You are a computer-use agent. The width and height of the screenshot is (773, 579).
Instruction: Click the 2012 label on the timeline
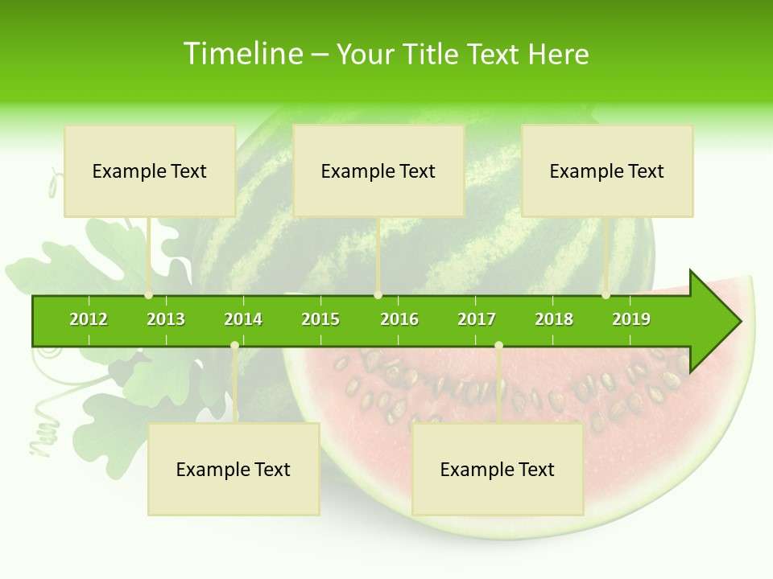(x=89, y=319)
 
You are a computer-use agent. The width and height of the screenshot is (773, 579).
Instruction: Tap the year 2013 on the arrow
(x=166, y=319)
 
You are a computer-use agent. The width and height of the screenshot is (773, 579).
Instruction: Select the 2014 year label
(x=243, y=319)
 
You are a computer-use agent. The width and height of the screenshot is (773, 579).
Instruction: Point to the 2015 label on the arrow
(x=320, y=319)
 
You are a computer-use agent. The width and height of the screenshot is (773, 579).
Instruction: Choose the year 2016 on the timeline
(x=399, y=319)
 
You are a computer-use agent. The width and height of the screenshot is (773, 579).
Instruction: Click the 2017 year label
(x=477, y=319)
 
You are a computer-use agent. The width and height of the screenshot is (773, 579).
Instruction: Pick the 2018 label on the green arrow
(x=554, y=319)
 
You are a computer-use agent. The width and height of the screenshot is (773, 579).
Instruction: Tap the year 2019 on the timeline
(x=631, y=319)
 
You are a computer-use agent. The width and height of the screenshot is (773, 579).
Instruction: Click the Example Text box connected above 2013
(x=150, y=170)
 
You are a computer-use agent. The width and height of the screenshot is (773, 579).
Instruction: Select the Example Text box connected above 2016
(x=378, y=170)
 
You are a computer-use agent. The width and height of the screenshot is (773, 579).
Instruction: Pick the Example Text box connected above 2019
(x=607, y=170)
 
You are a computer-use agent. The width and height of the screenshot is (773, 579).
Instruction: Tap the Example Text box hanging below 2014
(x=234, y=469)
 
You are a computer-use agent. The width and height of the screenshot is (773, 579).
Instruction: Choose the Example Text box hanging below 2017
(x=498, y=469)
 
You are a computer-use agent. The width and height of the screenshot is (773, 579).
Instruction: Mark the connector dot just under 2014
(x=234, y=346)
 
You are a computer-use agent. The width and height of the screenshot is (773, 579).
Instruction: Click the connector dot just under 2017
(x=498, y=346)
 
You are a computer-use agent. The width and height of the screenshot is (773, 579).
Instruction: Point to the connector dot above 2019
(x=606, y=295)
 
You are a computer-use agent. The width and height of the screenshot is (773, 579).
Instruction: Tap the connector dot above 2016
(x=378, y=295)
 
